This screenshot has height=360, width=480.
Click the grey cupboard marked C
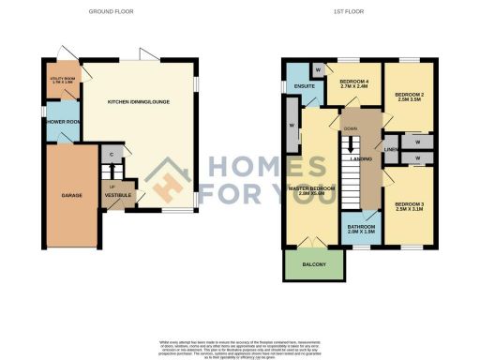pos(112,154)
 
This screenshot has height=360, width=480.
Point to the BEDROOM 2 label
pos(410,97)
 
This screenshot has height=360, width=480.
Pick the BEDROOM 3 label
pos(410,206)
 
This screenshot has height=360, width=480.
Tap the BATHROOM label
pos(361,229)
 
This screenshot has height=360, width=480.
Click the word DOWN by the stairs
pos(351,128)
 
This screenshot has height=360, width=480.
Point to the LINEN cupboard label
pos(391,149)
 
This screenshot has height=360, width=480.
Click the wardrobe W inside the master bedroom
pos(293,126)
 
